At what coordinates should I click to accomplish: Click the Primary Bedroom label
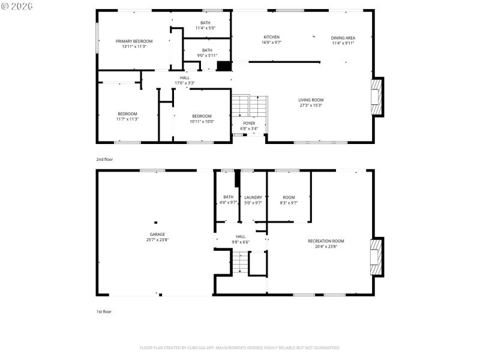pos(134,41)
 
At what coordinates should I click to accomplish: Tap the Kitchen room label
pos(271,37)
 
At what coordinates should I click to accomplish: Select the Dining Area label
pos(343,38)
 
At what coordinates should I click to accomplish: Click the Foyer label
pos(249,123)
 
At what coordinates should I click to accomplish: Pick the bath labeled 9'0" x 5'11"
pos(207,50)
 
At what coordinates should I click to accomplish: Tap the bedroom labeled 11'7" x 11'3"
pos(127,114)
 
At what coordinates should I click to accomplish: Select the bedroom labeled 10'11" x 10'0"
pos(202,116)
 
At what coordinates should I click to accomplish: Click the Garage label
pos(157,235)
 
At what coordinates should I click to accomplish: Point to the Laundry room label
pos(253,197)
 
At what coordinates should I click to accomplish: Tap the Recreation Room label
pos(326,241)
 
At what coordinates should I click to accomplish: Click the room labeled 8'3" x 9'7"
pos(289,197)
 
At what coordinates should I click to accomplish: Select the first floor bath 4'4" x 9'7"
pos(228,197)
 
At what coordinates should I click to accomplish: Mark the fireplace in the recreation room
pos(376,257)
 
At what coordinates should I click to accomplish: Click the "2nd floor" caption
pos(104,160)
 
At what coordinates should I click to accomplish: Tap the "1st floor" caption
pos(104,312)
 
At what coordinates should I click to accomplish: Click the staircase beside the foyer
pos(249,107)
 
